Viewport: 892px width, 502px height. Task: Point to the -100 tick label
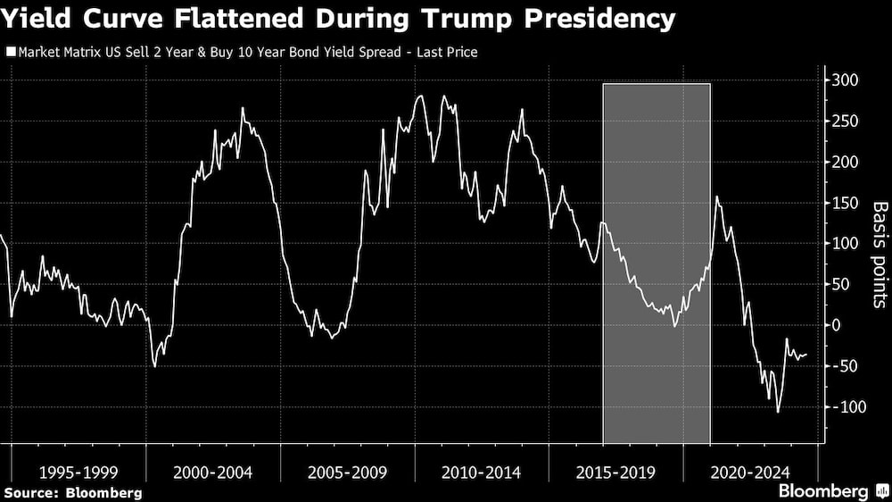(x=848, y=407)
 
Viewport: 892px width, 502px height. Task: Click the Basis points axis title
(x=880, y=255)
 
